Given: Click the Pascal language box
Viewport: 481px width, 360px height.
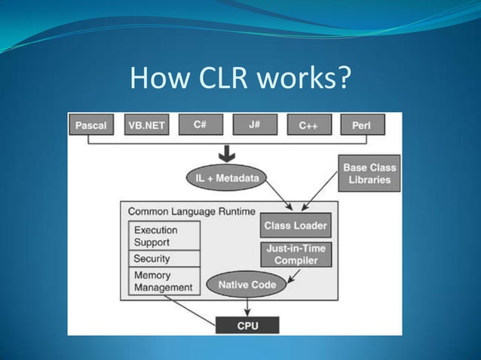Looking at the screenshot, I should click(90, 126).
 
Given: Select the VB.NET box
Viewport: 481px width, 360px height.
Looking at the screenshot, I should click(146, 125).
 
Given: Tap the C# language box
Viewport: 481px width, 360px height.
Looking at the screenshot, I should click(201, 124).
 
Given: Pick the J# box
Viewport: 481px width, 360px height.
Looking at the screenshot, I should click(254, 124).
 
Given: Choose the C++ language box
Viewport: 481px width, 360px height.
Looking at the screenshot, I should click(308, 125).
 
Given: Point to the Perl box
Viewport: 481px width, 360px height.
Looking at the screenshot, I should click(362, 125).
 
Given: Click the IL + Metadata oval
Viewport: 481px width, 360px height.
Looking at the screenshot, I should click(226, 178).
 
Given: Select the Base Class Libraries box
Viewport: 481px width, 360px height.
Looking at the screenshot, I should click(369, 174).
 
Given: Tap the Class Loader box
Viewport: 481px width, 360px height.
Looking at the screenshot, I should click(296, 225).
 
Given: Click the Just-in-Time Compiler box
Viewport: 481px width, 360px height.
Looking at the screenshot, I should click(296, 255).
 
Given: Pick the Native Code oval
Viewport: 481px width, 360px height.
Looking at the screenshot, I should click(247, 285).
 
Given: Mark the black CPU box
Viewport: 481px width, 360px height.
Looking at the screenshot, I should click(247, 325).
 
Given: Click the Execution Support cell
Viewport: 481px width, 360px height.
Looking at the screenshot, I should click(164, 236).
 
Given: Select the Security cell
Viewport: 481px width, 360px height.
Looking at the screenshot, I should click(164, 258).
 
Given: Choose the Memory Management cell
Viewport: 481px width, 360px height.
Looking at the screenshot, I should click(164, 281).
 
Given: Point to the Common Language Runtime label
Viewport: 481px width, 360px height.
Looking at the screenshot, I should click(191, 212).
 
